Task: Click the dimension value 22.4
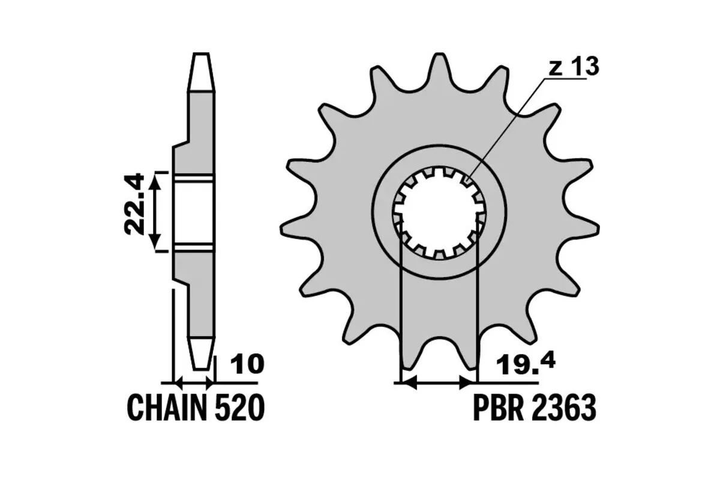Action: [x=134, y=203]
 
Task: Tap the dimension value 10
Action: [x=247, y=364]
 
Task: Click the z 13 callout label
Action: [x=574, y=67]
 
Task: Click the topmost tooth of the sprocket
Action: [x=439, y=69]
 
